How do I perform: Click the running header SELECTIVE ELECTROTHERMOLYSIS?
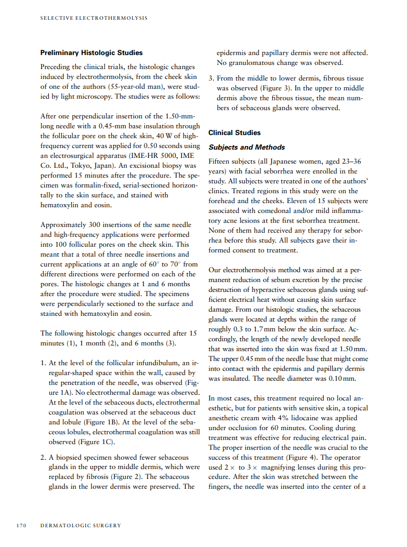(94, 18)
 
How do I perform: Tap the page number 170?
(21, 525)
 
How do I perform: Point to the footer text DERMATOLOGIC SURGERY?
(81, 525)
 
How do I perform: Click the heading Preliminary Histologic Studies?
(91, 53)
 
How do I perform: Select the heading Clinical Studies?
(234, 132)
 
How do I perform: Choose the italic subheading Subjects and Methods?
(247, 147)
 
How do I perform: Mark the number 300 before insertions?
(93, 225)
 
